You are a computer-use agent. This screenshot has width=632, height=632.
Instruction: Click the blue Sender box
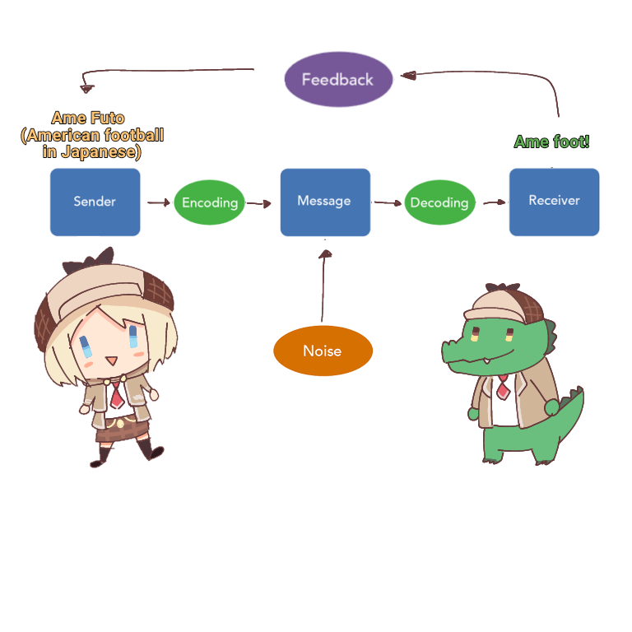pos(95,202)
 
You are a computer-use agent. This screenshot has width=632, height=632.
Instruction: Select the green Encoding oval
pos(210,202)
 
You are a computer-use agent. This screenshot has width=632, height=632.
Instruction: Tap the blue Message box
pos(324,202)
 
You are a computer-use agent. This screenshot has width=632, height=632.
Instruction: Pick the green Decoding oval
pos(439,202)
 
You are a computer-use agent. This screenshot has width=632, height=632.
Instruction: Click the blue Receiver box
pos(554,202)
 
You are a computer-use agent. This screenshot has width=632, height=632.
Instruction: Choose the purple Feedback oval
pos(337,80)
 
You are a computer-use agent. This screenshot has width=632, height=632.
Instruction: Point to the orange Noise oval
pos(323,351)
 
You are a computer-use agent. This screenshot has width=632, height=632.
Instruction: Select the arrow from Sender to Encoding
pos(157,202)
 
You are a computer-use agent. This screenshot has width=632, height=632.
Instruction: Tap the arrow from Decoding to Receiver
pos(494,202)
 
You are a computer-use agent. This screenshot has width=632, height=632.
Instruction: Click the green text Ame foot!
pos(551,142)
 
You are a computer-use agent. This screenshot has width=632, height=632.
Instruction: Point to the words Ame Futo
pos(88,118)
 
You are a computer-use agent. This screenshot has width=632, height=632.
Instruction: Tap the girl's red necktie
pos(118,395)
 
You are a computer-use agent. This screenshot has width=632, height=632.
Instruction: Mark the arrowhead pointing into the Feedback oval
pos(406,76)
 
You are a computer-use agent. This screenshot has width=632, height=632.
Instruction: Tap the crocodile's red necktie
pos(502,387)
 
